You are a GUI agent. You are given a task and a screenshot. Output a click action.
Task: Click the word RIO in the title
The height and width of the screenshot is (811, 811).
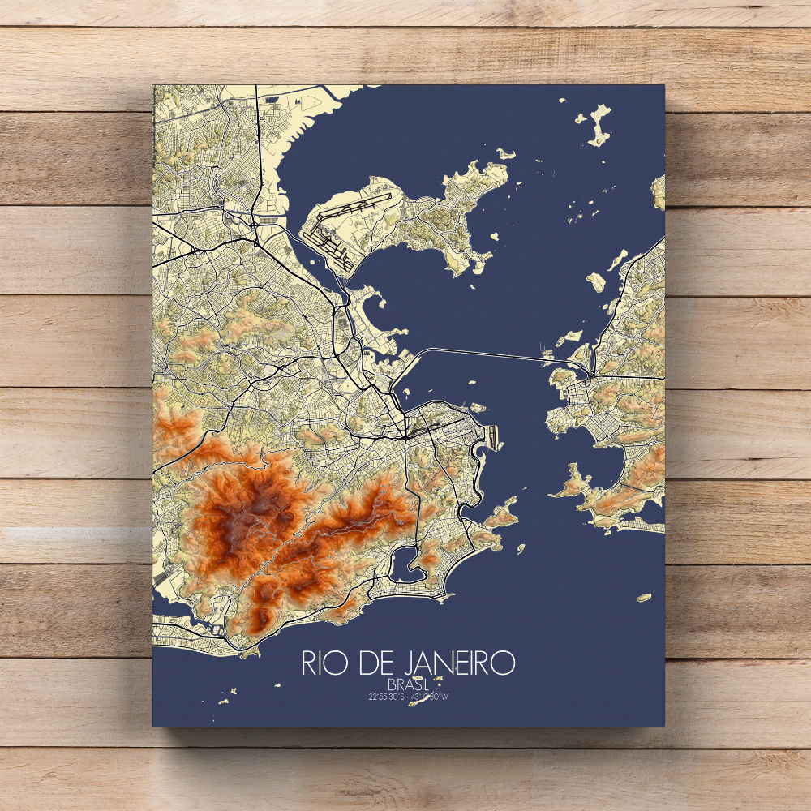click(x=322, y=662)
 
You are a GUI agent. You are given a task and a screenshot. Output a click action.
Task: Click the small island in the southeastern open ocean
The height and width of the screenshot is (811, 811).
click(x=645, y=598)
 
